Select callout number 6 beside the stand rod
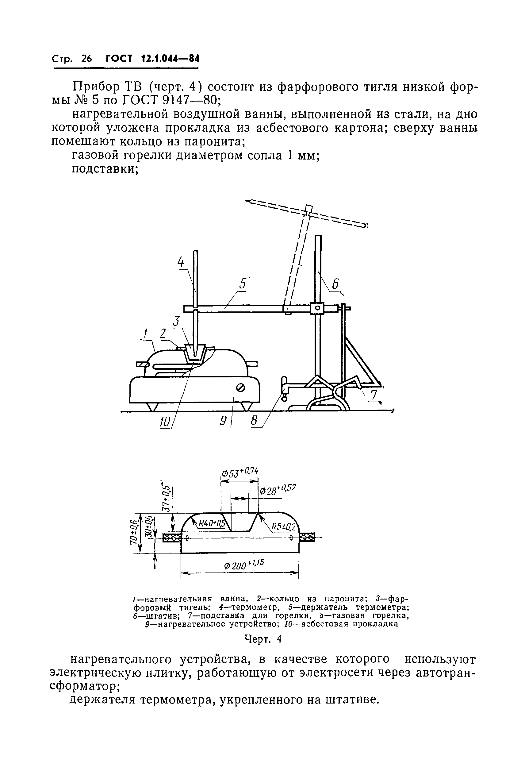point(335,284)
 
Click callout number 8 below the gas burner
point(255,421)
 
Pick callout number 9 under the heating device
point(223,421)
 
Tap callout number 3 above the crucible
point(176,322)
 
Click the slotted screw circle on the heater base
point(240,388)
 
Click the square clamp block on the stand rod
point(317,308)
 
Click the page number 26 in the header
point(86,59)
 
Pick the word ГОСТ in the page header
point(119,59)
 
